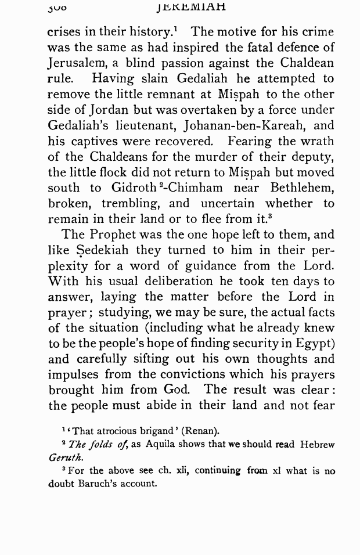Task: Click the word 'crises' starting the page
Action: pyautogui.click(x=65, y=33)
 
